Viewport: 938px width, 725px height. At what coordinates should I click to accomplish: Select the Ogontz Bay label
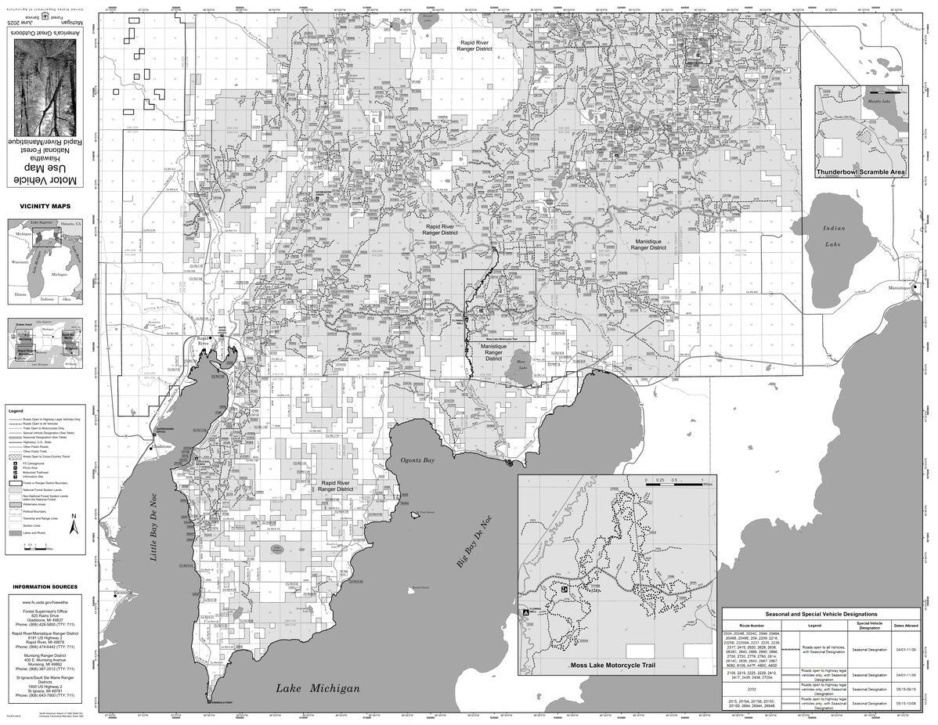click(417, 461)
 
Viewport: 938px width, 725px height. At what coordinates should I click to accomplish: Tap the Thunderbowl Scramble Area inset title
click(861, 171)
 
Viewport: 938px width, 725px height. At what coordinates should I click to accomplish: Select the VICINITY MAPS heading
click(49, 206)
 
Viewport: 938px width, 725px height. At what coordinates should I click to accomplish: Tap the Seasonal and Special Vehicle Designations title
click(821, 615)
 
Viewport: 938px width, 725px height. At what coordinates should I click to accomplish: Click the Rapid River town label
click(204, 343)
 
